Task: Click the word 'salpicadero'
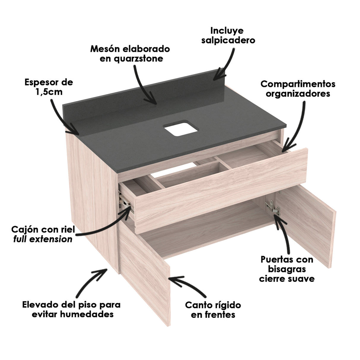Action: point(228,40)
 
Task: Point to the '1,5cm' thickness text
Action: point(49,92)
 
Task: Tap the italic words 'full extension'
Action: point(43,239)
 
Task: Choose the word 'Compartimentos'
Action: point(298,84)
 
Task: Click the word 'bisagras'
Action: point(286,269)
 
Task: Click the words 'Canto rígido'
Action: point(213,305)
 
